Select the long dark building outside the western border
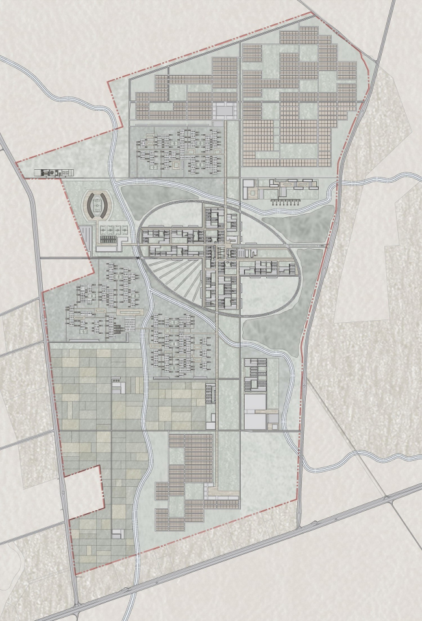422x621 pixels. [55, 172]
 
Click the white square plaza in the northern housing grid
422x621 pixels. [225, 110]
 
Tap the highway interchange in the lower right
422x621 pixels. [388, 498]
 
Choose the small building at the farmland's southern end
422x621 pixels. [117, 533]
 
